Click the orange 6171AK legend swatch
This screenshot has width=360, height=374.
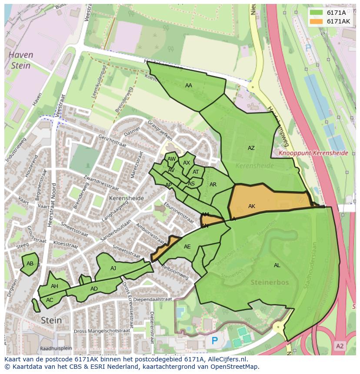[317, 21]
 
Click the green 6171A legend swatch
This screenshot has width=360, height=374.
[317, 13]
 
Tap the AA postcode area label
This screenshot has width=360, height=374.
[188, 86]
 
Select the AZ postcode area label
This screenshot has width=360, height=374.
[251, 148]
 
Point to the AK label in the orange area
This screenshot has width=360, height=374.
[251, 206]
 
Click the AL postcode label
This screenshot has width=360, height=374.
[277, 265]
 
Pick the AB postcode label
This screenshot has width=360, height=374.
[30, 264]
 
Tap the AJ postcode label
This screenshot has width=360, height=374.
[113, 268]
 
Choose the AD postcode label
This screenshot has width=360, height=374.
[94, 289]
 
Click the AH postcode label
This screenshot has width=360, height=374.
[54, 286]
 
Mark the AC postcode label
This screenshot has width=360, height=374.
[50, 300]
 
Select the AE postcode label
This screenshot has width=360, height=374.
[187, 247]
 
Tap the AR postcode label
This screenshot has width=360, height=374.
[213, 185]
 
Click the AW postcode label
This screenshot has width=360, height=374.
[171, 159]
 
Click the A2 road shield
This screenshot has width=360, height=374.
[340, 346]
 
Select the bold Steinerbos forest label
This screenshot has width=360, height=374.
[270, 282]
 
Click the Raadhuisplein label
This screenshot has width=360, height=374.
[55, 348]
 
